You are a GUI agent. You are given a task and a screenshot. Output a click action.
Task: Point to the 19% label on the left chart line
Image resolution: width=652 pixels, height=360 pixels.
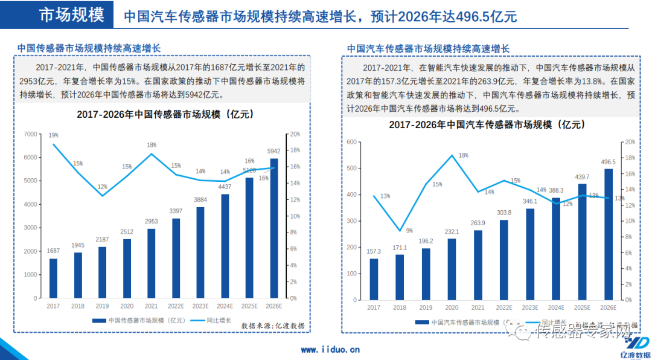(x=54, y=135)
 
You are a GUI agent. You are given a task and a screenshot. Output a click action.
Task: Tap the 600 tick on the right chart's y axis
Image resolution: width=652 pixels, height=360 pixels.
(x=351, y=142)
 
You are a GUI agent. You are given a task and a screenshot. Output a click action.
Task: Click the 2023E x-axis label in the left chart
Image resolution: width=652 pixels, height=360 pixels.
(x=200, y=307)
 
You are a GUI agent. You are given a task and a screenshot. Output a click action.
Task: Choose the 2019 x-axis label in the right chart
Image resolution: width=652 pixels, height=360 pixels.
(x=426, y=308)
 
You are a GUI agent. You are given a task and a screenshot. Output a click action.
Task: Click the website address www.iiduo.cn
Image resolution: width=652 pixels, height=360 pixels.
(x=330, y=349)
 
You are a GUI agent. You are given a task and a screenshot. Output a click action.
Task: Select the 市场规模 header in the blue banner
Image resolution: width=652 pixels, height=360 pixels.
(x=71, y=15)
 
